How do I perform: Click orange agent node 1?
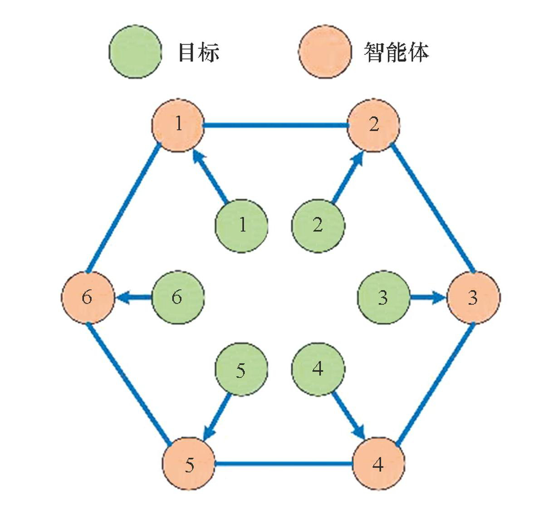(178, 125)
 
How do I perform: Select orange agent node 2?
(373, 125)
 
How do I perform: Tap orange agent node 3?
(473, 298)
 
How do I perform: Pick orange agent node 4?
(378, 464)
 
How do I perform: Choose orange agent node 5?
(189, 464)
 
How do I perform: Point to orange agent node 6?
(87, 298)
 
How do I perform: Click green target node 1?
(241, 225)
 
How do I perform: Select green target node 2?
(318, 225)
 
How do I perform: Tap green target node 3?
(384, 298)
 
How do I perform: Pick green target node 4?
(318, 369)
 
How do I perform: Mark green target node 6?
(177, 298)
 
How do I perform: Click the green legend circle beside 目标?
(135, 52)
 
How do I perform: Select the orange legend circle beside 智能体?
(325, 52)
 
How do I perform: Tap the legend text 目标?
(199, 52)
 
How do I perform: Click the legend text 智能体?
(396, 52)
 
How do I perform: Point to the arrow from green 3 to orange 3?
(428, 298)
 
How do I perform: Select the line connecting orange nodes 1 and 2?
(275, 125)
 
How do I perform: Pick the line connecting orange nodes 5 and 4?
(284, 464)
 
